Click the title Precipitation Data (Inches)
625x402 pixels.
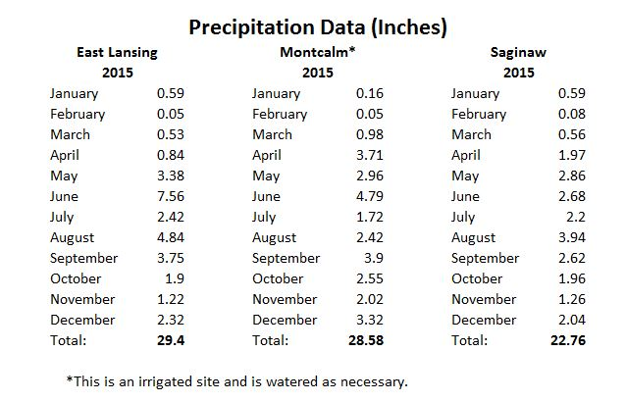click(x=318, y=26)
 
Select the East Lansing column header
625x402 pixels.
click(x=118, y=52)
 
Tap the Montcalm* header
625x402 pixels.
click(x=317, y=52)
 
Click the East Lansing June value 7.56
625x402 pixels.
click(x=170, y=196)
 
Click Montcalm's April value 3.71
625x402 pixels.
click(x=372, y=155)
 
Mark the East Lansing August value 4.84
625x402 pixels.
click(x=170, y=237)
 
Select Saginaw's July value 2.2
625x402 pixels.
click(x=576, y=217)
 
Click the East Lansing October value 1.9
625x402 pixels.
click(x=176, y=278)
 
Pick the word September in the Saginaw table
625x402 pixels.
click(x=485, y=258)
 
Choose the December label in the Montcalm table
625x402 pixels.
click(x=285, y=320)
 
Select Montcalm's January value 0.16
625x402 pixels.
click(x=372, y=93)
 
